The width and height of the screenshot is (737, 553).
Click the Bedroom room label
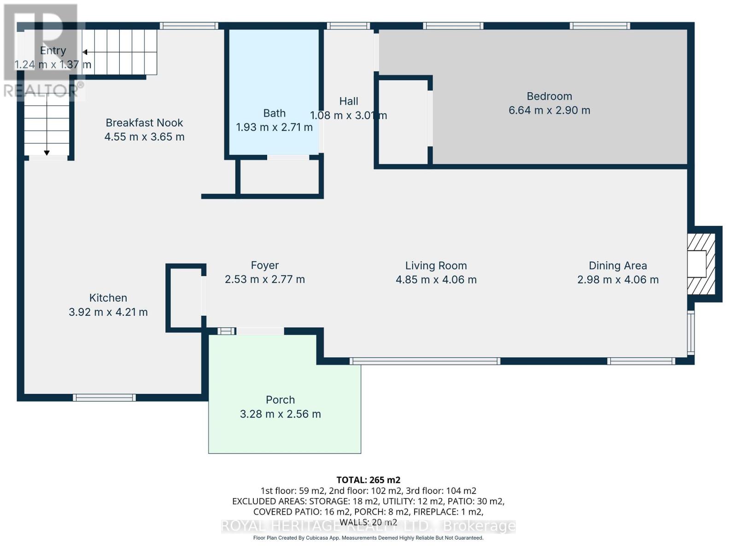click(x=549, y=96)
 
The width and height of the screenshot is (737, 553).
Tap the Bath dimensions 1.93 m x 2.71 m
click(x=274, y=127)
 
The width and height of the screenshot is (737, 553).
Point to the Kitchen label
click(x=108, y=298)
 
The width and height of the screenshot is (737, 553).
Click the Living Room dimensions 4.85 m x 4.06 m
click(x=436, y=280)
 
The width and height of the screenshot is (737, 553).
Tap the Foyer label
click(x=264, y=265)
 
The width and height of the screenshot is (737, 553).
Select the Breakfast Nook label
click(x=144, y=123)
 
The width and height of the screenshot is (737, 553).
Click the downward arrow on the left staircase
click(x=47, y=153)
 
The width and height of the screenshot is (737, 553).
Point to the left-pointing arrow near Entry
click(x=85, y=52)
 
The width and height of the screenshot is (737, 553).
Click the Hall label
click(x=348, y=101)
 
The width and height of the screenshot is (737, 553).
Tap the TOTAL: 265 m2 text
click(x=368, y=480)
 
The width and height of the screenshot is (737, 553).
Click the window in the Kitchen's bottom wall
click(x=104, y=398)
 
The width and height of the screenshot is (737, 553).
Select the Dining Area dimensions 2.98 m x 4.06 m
click(x=618, y=280)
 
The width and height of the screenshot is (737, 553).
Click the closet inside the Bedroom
click(x=403, y=122)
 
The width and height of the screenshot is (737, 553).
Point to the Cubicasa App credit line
click(x=368, y=538)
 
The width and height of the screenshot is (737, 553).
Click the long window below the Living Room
click(x=424, y=361)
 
